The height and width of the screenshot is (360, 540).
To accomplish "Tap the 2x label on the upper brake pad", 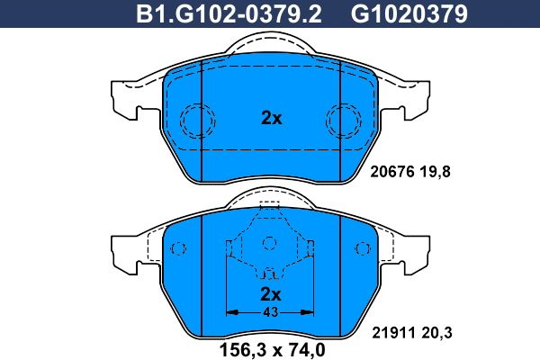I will [x=271, y=117].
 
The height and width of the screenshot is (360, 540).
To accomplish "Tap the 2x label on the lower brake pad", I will [x=270, y=294].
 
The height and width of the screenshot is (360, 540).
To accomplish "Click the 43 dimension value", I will [x=270, y=311].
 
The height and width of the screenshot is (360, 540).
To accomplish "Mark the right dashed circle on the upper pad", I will [x=343, y=118].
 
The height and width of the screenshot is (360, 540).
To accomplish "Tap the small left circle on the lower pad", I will [x=178, y=247].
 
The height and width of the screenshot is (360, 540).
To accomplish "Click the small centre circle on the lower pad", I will [x=267, y=243].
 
